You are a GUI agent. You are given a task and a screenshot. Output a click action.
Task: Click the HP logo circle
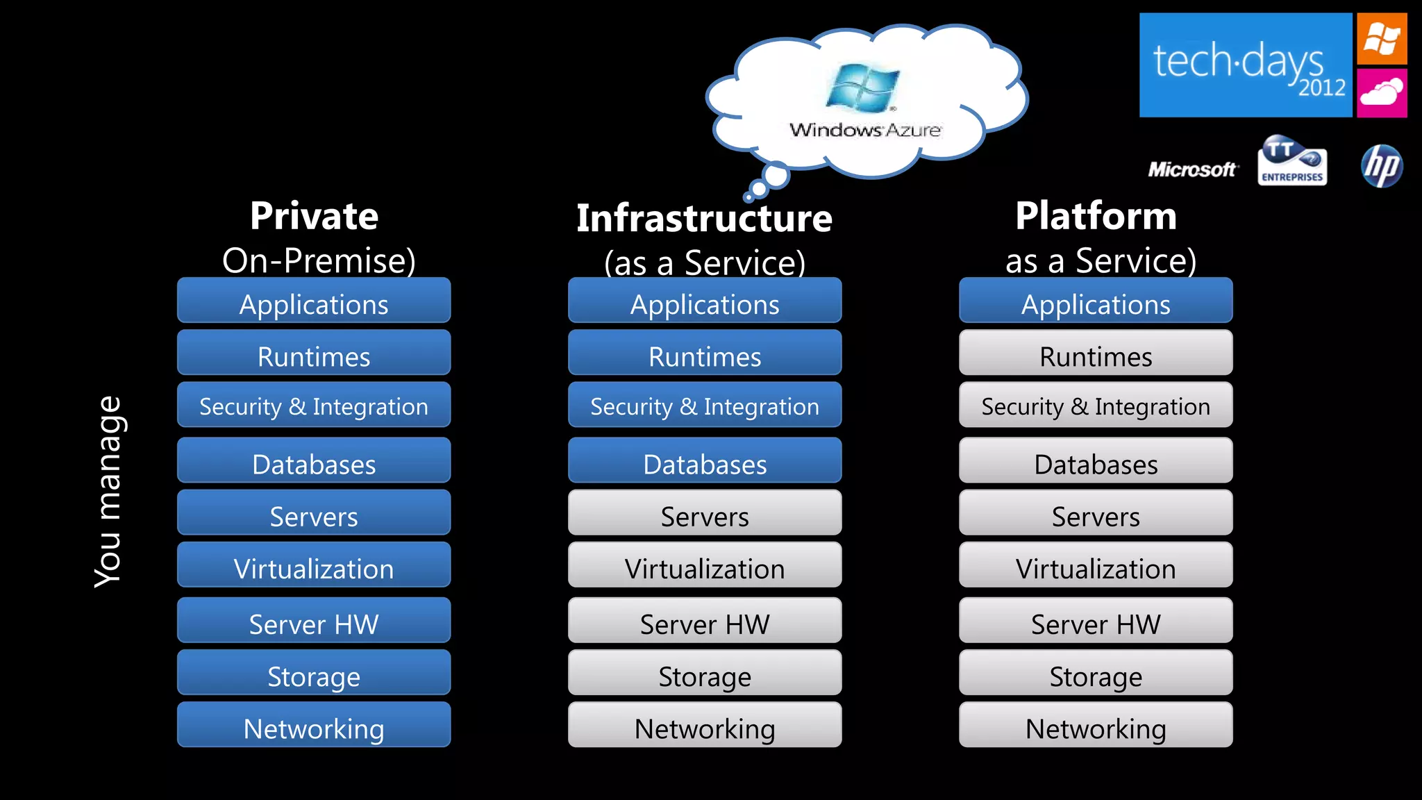tap(1382, 166)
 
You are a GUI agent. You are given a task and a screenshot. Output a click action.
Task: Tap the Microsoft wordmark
tap(1192, 169)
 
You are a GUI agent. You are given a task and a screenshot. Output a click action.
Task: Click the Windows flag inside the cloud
tap(862, 87)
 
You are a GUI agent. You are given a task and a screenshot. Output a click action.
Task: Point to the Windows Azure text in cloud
tap(865, 130)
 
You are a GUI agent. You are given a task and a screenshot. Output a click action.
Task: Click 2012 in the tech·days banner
tap(1322, 88)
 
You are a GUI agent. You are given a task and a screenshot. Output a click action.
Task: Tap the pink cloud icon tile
tap(1382, 92)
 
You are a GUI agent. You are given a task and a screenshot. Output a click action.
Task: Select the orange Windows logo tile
tap(1382, 38)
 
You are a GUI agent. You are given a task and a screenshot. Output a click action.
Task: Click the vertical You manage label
tap(108, 492)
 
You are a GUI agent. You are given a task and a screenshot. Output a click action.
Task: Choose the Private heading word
tap(314, 216)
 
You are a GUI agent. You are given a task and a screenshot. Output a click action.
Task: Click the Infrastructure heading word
tap(704, 219)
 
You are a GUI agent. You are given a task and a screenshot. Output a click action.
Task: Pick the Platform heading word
tap(1096, 216)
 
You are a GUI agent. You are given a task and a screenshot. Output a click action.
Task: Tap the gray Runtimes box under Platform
tap(1096, 353)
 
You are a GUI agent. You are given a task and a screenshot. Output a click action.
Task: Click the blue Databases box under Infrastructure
tap(705, 461)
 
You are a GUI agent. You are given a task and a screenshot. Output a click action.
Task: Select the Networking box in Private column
tap(314, 726)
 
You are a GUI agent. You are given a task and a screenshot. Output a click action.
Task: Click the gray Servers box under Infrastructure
tap(705, 514)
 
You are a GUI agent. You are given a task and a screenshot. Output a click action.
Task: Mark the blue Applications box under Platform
tap(1096, 301)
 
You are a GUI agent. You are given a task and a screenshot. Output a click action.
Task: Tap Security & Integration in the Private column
tap(314, 406)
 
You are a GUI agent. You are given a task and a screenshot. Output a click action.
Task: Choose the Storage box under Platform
tap(1096, 674)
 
